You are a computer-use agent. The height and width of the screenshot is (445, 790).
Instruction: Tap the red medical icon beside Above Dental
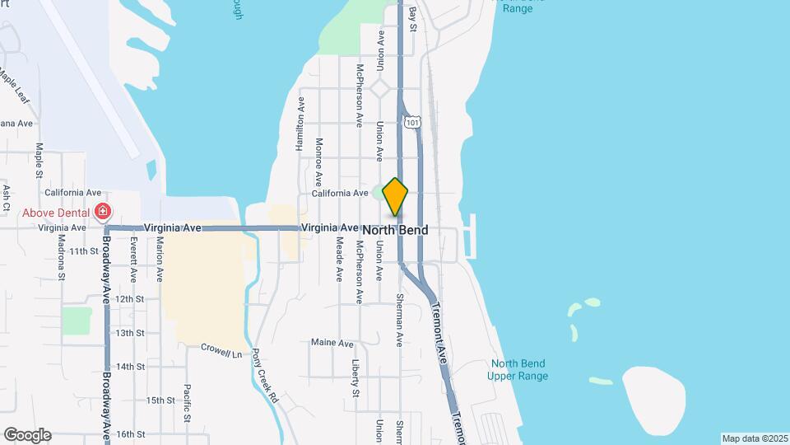[x=102, y=212]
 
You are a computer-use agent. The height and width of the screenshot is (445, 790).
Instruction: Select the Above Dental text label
[x=56, y=212]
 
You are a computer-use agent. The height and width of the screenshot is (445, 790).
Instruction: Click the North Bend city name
[x=395, y=230]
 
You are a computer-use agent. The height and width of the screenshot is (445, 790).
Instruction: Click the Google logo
[x=27, y=435]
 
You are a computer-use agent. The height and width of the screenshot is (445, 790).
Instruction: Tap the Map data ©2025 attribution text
[x=754, y=438]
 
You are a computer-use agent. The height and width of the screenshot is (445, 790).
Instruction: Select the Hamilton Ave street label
[x=300, y=123]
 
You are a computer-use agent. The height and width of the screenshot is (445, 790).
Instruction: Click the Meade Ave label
[x=339, y=259]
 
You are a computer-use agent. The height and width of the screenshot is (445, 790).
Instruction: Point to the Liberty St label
[x=356, y=377]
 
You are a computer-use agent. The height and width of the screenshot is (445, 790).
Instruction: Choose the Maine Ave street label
[x=332, y=343]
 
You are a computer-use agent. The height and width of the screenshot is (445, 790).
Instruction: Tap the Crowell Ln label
[x=222, y=350]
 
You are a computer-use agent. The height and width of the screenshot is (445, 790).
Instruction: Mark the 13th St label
[x=130, y=333]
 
